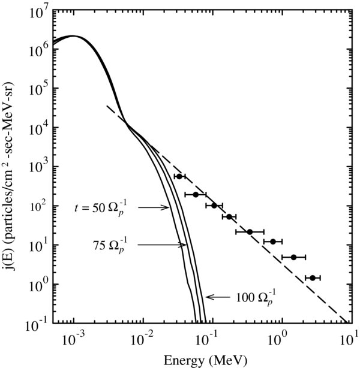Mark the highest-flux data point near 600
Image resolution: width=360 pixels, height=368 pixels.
[179, 176]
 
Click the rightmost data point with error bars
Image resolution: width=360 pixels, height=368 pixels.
[313, 277]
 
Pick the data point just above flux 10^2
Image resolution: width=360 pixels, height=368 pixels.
[214, 205]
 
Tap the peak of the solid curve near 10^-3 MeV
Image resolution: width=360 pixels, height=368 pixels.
[73, 36]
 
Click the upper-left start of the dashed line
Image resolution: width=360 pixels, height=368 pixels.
[107, 106]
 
